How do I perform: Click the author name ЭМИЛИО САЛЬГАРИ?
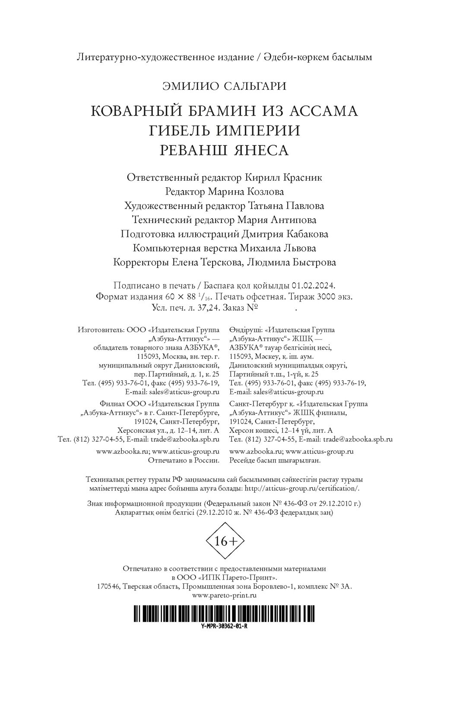point(224,86)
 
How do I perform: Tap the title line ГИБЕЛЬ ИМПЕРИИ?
point(224,130)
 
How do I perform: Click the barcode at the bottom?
point(224,613)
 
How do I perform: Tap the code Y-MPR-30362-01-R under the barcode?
point(224,627)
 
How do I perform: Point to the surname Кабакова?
point(307,234)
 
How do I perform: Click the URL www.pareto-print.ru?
point(224,595)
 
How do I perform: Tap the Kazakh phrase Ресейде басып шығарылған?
point(275,460)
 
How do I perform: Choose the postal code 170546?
point(107,586)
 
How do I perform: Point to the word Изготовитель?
point(100,330)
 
